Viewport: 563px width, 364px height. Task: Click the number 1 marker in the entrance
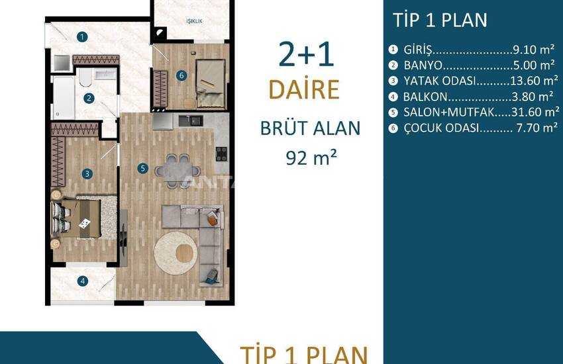[x=82, y=37]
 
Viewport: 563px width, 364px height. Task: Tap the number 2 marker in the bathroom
[x=89, y=98]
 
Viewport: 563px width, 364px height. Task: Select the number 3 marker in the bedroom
[x=87, y=174]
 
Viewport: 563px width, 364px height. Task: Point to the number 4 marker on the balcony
[x=83, y=281]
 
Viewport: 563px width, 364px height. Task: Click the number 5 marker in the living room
[x=142, y=168]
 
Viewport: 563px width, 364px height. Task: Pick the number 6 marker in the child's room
[x=181, y=75]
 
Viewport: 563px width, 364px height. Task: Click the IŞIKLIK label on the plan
[x=194, y=21]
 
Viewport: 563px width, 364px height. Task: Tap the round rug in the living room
[x=176, y=253]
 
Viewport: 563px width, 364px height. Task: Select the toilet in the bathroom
[x=85, y=77]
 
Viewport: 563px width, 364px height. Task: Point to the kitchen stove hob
[x=221, y=154]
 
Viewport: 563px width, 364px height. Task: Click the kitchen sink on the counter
[x=191, y=121]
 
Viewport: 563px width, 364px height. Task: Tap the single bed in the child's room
[x=211, y=84]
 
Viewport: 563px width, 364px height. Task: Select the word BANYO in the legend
[x=423, y=66]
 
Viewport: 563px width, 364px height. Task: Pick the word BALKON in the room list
[x=425, y=97]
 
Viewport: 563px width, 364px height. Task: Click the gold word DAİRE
[x=304, y=89]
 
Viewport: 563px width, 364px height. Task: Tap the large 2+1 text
[x=306, y=54]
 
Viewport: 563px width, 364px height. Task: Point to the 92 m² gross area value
[x=311, y=158]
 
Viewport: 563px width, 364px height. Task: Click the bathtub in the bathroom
[x=64, y=97]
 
